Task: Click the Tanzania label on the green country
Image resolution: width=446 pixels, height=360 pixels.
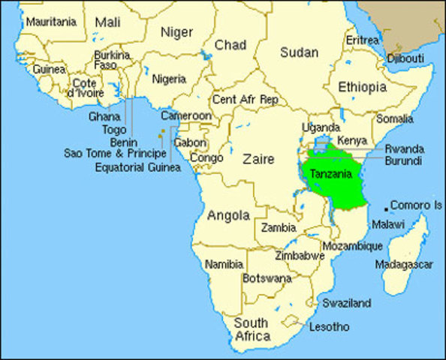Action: pos(331,173)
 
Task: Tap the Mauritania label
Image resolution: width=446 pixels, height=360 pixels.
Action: pos(51,22)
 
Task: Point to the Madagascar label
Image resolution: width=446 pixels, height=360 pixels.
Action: pos(404,265)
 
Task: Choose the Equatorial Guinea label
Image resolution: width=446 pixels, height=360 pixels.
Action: pos(138,166)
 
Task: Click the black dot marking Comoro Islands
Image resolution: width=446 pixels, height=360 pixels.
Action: pos(387,208)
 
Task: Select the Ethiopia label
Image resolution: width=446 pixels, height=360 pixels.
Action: pos(362,87)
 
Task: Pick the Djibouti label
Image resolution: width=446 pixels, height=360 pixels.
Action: pos(405,58)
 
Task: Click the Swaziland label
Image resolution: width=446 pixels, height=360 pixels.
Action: pos(346,303)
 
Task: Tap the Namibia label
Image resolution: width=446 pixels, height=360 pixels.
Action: pos(224,264)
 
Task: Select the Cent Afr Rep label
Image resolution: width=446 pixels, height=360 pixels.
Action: pos(245,99)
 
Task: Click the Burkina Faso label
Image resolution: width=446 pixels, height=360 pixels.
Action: pos(111,60)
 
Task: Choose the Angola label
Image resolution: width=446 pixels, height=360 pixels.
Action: pos(228,215)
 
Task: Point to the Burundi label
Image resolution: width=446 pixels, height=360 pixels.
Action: pos(402,160)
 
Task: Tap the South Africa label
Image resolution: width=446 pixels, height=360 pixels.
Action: pos(252,329)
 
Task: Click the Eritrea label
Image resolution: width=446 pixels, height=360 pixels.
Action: pos(363,40)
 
